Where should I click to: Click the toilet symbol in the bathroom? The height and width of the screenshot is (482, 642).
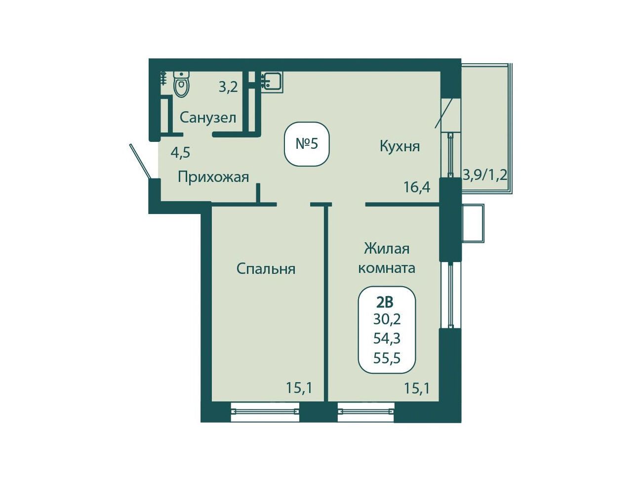click(x=181, y=84)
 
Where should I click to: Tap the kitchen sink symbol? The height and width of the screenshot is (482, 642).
click(x=272, y=83)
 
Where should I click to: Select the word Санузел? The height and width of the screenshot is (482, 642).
click(x=208, y=118)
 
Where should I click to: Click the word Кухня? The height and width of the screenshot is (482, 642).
click(x=400, y=146)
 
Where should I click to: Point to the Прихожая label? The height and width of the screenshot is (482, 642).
click(x=213, y=177)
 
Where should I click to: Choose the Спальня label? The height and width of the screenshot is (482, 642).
click(x=266, y=269)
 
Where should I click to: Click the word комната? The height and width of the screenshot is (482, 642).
click(x=387, y=268)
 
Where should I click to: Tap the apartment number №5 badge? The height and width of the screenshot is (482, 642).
click(x=307, y=144)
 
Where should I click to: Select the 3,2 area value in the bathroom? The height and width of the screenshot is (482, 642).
click(x=228, y=87)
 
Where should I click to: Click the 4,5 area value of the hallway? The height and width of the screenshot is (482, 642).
click(x=180, y=152)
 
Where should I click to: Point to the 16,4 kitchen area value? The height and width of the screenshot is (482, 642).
click(x=417, y=187)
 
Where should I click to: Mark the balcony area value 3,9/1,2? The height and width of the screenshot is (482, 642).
click(x=485, y=175)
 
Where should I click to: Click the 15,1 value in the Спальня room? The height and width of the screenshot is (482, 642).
click(x=299, y=389)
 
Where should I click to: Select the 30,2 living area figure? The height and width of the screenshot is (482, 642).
click(x=387, y=319)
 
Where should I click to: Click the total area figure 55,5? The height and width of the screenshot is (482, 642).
click(x=387, y=358)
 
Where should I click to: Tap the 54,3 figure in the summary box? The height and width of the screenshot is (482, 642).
click(x=387, y=339)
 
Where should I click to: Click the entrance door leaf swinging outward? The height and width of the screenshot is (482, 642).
click(x=140, y=161)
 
